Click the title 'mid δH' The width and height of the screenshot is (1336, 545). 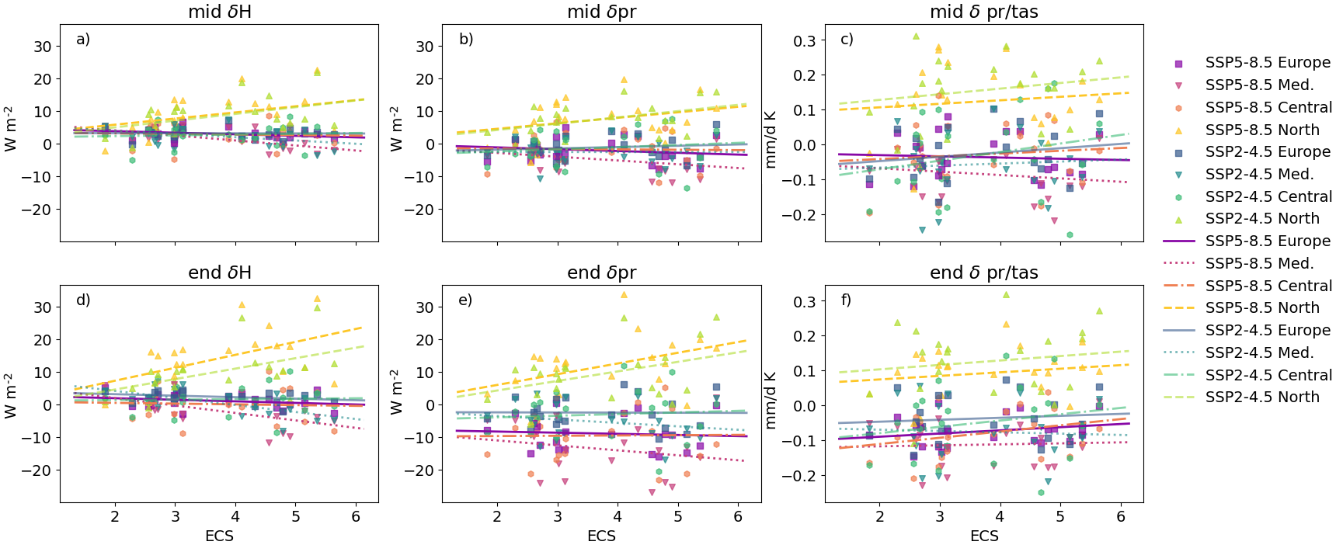pos(220,12)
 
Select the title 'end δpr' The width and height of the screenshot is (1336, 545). pos(601,272)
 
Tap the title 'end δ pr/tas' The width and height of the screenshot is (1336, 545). pos(983,272)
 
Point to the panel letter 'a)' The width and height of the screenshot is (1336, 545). pos(83,39)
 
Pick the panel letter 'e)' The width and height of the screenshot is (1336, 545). pos(465,300)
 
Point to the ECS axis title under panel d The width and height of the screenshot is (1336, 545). pos(219,536)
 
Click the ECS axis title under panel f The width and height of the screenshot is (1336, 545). pos(984,536)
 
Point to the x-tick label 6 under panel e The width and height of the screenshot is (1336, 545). pos(738,516)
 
